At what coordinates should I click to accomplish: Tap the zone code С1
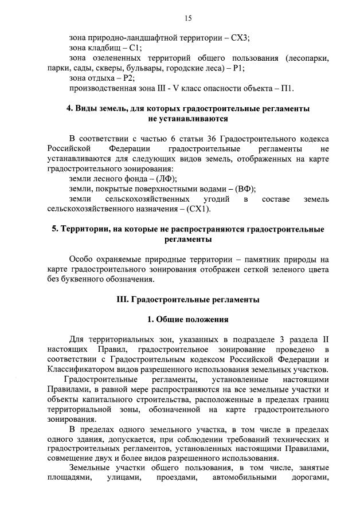[135, 48]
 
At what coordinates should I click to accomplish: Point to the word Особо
[81, 260]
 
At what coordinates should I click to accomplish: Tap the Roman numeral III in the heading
[123, 300]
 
